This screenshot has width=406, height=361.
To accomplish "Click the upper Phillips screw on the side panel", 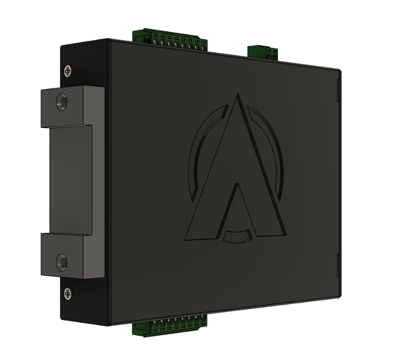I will tap(68, 70).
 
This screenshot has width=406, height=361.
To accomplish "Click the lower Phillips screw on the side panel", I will tap(68, 294).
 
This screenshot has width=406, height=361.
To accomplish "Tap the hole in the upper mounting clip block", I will tap(62, 102).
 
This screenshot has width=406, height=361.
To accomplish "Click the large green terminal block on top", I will tap(170, 40).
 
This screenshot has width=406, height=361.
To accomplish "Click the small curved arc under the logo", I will tap(237, 236).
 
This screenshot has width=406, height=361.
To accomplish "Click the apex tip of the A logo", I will tap(239, 97).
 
